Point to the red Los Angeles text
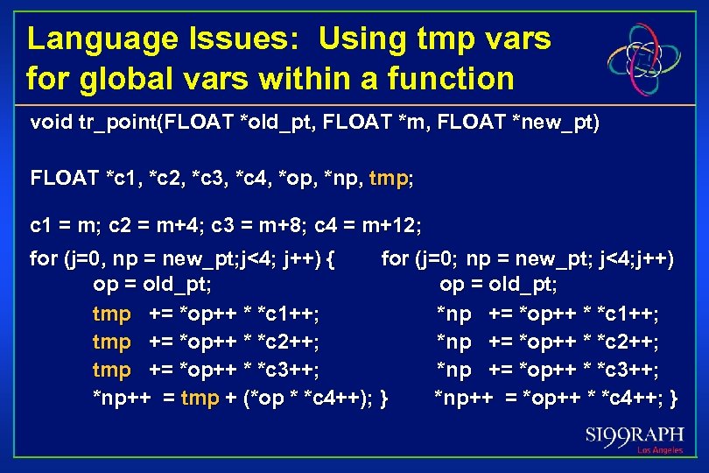click(x=659, y=450)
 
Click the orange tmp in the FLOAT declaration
click(x=389, y=180)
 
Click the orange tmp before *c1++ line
click(x=111, y=314)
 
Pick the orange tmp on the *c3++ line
click(x=111, y=370)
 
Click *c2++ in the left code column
click(x=286, y=342)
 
